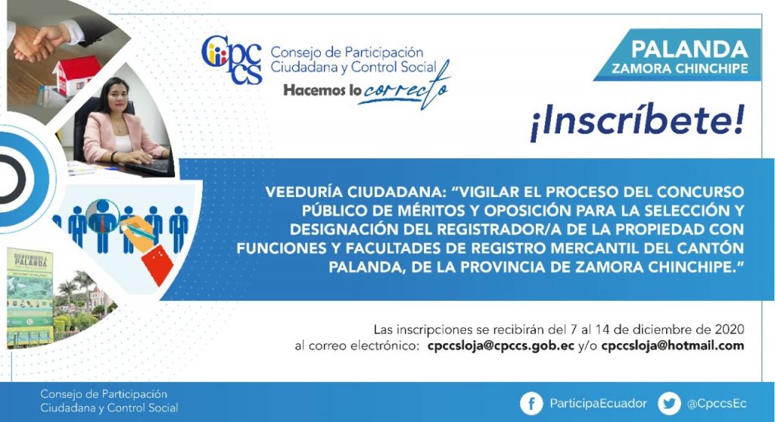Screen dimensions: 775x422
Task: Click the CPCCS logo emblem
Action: click(x=232, y=59)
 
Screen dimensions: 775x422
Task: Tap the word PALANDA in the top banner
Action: click(x=689, y=49)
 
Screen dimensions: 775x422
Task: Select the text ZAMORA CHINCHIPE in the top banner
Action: click(x=680, y=68)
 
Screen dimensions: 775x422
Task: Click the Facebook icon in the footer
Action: click(x=531, y=404)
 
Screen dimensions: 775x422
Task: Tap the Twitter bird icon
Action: click(x=669, y=404)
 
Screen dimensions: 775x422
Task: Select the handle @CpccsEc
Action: click(x=717, y=404)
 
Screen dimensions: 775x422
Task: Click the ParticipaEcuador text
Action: click(x=598, y=404)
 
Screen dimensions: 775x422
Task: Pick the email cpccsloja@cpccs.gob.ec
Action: click(x=501, y=345)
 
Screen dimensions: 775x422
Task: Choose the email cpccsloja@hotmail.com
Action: click(x=673, y=345)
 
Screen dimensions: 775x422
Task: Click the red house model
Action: click(x=75, y=73)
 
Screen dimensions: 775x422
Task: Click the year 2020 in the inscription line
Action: click(x=730, y=330)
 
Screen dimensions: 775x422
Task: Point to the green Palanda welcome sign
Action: click(x=30, y=295)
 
